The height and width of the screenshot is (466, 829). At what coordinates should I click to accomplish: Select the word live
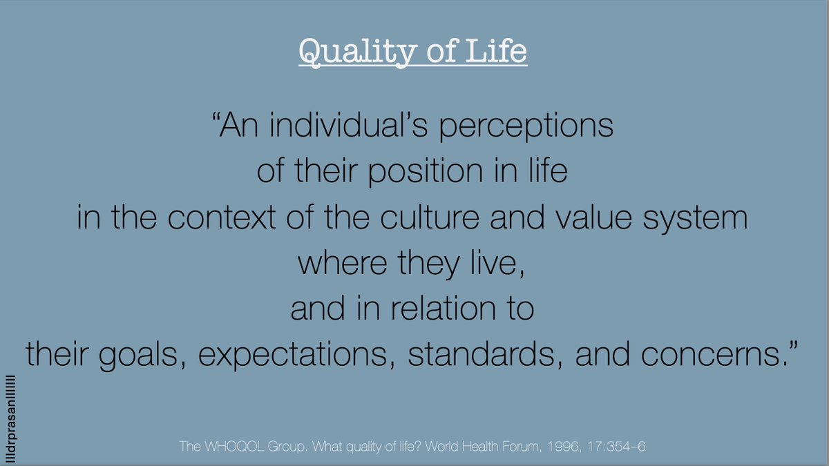click(495, 263)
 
